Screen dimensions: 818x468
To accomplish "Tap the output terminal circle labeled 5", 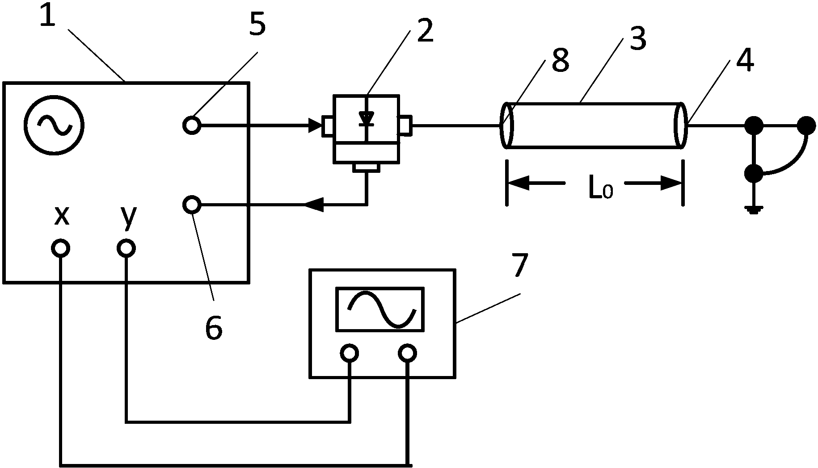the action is (x=192, y=125).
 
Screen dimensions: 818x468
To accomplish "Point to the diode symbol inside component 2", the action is (x=367, y=118).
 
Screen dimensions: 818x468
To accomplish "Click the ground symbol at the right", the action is (x=754, y=209).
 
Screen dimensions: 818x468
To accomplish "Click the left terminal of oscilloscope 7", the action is (x=349, y=353).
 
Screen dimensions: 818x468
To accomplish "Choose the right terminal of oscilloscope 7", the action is (x=407, y=353).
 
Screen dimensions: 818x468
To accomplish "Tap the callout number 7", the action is (x=519, y=266).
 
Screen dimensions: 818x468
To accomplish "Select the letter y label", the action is (x=128, y=217).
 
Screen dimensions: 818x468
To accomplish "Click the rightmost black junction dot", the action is (x=807, y=125).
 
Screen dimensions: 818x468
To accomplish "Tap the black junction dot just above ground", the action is (x=754, y=173).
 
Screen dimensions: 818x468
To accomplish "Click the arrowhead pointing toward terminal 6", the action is (x=314, y=205).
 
